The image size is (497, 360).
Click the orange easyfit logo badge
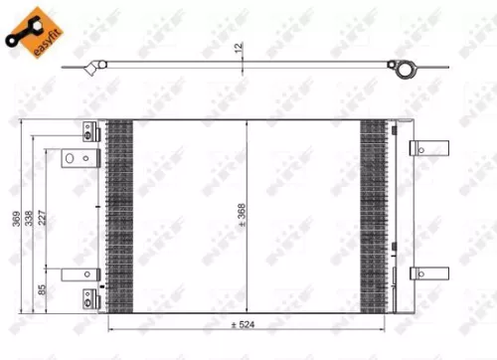point(31,30)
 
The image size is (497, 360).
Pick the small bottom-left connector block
point(88,294)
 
